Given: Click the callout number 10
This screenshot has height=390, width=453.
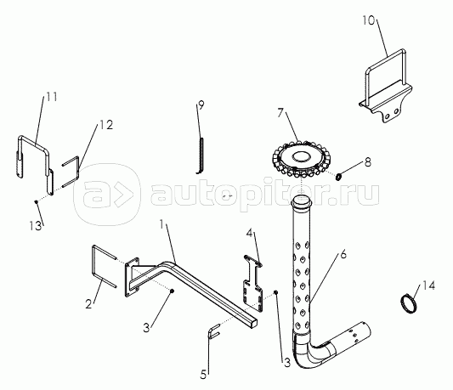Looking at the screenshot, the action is [368, 20].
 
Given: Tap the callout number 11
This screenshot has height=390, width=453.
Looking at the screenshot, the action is [52, 97].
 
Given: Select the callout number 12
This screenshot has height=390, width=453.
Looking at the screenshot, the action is [106, 125].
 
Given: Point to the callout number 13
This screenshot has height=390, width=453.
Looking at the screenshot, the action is [35, 225].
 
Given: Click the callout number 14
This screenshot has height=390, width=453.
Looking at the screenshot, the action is [428, 285].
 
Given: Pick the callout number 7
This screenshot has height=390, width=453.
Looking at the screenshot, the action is [280, 113].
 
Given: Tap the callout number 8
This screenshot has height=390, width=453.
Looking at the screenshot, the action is [367, 162].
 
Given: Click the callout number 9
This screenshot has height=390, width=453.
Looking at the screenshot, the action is [201, 105].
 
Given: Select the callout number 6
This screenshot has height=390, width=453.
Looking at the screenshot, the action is [343, 255].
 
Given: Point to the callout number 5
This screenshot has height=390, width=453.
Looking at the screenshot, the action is [204, 375].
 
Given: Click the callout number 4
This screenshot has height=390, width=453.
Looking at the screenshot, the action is [249, 233].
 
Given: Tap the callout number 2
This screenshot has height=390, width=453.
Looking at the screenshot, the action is [88, 304].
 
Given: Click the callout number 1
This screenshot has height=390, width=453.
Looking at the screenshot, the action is [161, 224].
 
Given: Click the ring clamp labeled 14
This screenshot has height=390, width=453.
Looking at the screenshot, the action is [409, 303].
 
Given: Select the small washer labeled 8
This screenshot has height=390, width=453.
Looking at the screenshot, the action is [339, 176].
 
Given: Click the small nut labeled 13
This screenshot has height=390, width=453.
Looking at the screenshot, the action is [36, 201].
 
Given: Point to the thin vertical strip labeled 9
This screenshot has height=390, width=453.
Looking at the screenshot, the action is [200, 155].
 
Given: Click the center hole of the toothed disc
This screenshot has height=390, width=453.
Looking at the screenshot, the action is [302, 157].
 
